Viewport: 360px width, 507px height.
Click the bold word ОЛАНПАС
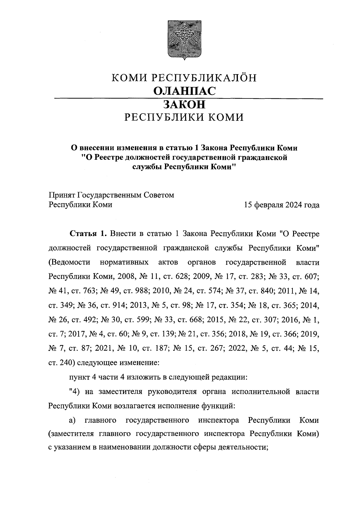184,91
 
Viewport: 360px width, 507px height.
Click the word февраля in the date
268,205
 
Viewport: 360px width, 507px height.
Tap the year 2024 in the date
295,205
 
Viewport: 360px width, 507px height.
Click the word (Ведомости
69,262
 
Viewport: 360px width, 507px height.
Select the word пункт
79,377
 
